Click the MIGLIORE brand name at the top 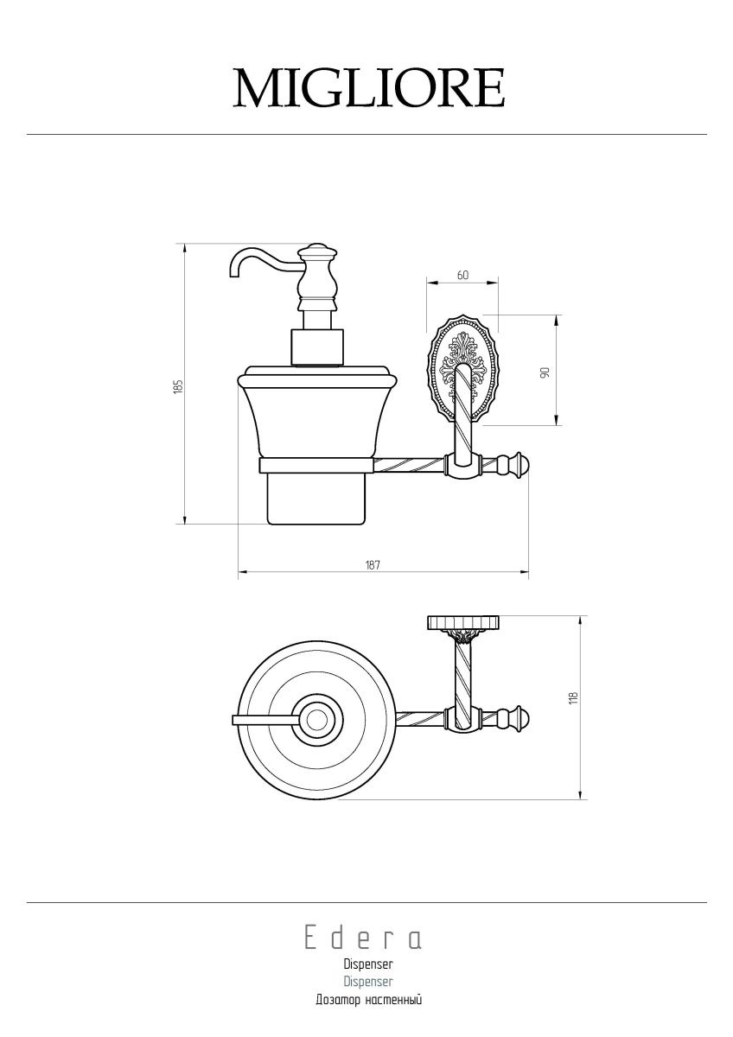coord(368,88)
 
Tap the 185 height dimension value coord(180,386)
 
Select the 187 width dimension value coord(373,565)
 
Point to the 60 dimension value coord(462,275)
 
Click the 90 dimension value coord(545,372)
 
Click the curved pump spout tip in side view coord(234,274)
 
